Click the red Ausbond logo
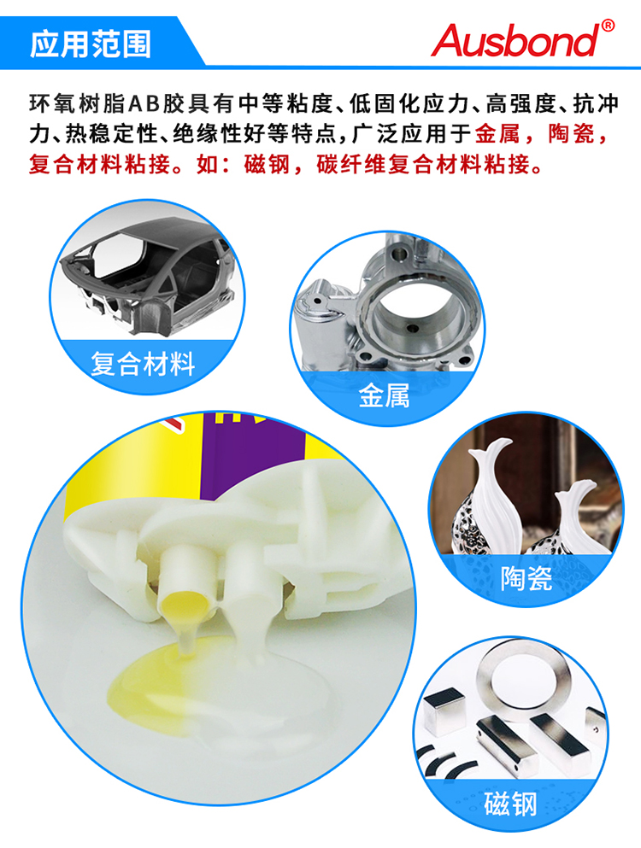[516, 40]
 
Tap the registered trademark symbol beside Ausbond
[608, 26]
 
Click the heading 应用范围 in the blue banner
[91, 44]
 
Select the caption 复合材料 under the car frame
[143, 364]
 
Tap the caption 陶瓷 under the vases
[526, 578]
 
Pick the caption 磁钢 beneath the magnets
[509, 804]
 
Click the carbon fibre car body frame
[146, 275]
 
